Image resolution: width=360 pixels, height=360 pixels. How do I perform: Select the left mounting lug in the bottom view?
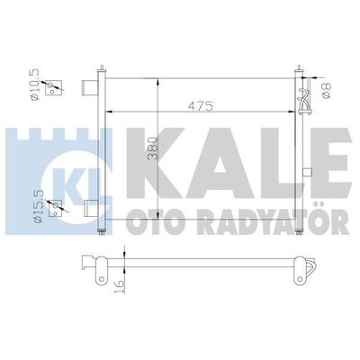click(x=91, y=266)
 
